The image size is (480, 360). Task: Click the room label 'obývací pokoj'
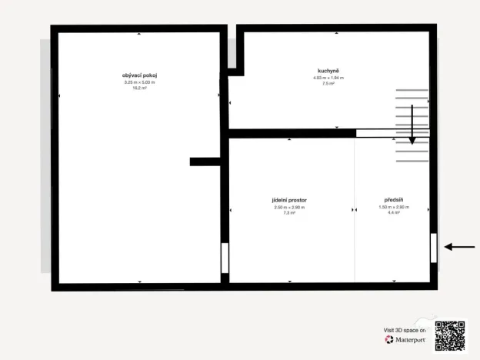point(139,75)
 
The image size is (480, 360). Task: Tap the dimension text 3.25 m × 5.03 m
point(139,82)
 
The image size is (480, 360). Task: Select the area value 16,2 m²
point(139,88)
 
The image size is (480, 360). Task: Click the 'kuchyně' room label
point(328,71)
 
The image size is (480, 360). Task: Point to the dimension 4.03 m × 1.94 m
point(328,78)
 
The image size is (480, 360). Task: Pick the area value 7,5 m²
point(328,84)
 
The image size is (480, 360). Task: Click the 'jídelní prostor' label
point(289,200)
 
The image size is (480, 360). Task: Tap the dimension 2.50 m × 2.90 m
point(289,207)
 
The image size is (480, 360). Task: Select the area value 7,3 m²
point(289,213)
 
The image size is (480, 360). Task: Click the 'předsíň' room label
point(393,200)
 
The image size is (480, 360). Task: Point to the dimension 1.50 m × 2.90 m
point(393,207)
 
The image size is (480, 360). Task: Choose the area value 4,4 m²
point(393,213)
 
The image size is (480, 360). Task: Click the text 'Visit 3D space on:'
point(405,329)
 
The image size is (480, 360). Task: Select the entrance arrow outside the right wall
point(460,247)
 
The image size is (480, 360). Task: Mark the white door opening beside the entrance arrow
point(434,248)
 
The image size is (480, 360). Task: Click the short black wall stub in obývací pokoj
point(205,162)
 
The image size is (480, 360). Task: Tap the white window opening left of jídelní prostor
point(225,258)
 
